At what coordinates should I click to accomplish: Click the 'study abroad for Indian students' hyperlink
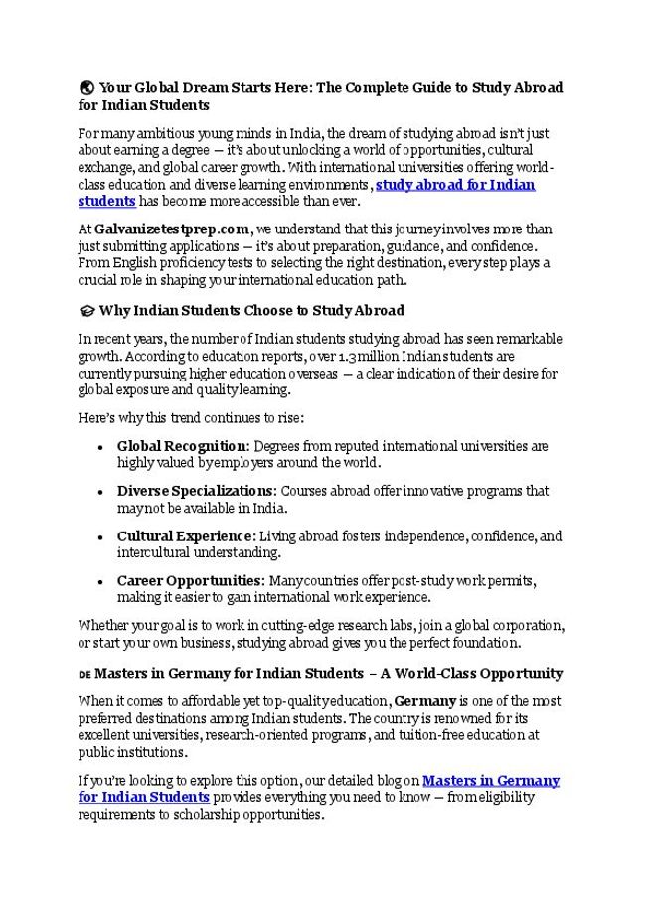[454, 185]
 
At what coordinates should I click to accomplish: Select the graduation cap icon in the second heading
[85, 311]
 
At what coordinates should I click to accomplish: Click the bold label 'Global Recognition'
[181, 446]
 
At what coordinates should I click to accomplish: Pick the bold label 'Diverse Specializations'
[196, 491]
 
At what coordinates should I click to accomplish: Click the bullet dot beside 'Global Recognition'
[101, 447]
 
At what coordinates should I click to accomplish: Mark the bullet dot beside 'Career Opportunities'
[101, 581]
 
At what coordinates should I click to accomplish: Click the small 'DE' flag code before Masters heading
[84, 674]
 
